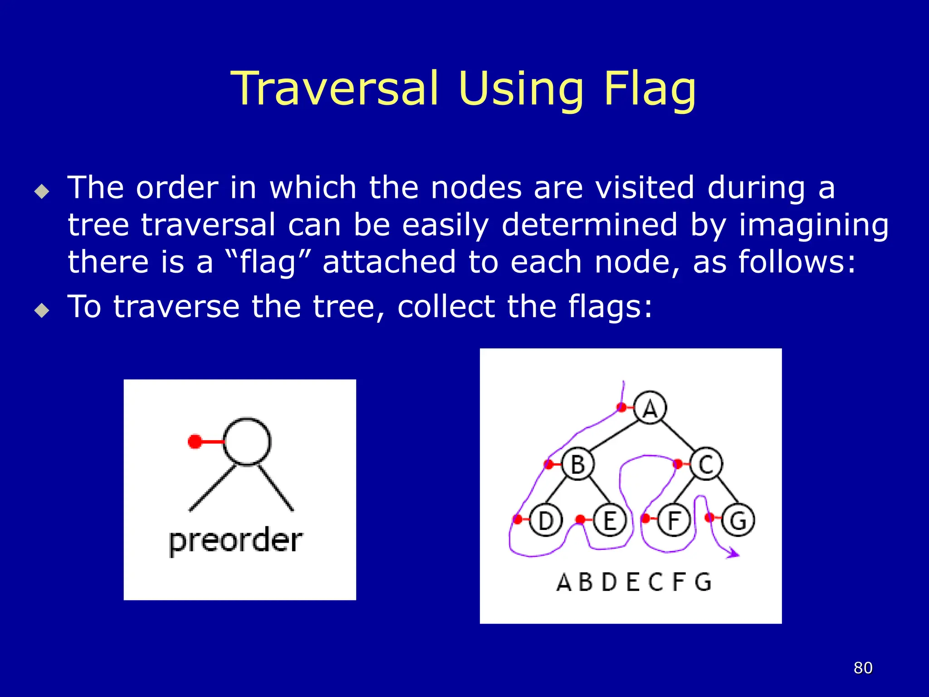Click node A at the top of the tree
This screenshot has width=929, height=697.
tap(650, 407)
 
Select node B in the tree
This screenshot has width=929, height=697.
tap(577, 464)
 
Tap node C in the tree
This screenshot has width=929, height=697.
tap(706, 464)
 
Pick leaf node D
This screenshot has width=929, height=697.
tap(546, 520)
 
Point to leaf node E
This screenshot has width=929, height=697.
tap(610, 520)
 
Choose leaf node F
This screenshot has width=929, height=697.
tap(674, 520)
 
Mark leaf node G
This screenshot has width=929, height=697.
tap(738, 520)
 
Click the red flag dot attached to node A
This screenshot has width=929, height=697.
tap(622, 407)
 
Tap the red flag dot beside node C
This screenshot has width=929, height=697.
tap(678, 464)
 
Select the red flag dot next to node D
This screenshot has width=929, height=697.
tap(517, 520)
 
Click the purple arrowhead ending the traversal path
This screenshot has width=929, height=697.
tap(733, 554)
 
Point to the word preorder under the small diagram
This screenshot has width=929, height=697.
tap(235, 541)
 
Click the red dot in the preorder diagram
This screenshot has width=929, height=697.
tap(195, 441)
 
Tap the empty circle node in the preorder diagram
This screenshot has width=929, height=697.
tap(247, 441)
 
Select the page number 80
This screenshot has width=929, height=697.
tap(863, 668)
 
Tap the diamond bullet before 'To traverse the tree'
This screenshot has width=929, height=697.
tap(42, 310)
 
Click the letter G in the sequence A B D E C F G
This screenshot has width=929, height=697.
tap(703, 582)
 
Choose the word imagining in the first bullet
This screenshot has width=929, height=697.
tap(813, 226)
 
